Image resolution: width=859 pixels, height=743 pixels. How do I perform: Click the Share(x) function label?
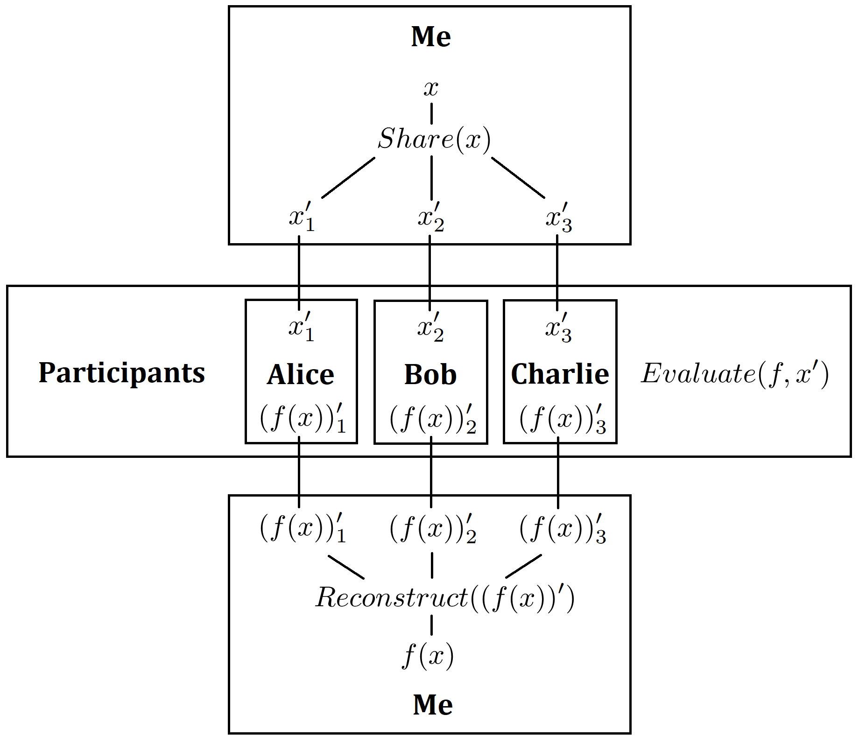[434, 139]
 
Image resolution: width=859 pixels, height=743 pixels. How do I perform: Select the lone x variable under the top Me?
[431, 88]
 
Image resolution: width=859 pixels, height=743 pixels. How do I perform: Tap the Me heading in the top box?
[431, 36]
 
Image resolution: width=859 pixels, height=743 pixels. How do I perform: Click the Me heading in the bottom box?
[433, 705]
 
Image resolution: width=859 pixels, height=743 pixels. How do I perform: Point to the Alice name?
[301, 374]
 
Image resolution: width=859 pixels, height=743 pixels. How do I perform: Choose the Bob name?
[430, 374]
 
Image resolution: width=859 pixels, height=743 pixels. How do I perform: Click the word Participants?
[122, 373]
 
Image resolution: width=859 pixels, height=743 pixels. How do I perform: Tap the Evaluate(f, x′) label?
[735, 374]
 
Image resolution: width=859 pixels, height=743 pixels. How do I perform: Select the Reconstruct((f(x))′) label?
[445, 597]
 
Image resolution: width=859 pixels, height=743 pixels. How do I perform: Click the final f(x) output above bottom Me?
[428, 655]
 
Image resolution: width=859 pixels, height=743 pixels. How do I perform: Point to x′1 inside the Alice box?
[302, 327]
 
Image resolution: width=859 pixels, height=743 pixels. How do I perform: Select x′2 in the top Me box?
[431, 217]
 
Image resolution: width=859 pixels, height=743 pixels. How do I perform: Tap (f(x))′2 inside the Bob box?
[433, 419]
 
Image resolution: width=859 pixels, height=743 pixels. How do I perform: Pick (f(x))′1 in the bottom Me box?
[303, 528]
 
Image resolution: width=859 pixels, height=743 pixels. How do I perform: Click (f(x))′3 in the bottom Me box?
[563, 528]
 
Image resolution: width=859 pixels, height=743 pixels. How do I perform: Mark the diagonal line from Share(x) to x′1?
[348, 178]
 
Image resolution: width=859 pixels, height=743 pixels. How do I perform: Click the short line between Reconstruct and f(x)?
[431, 625]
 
